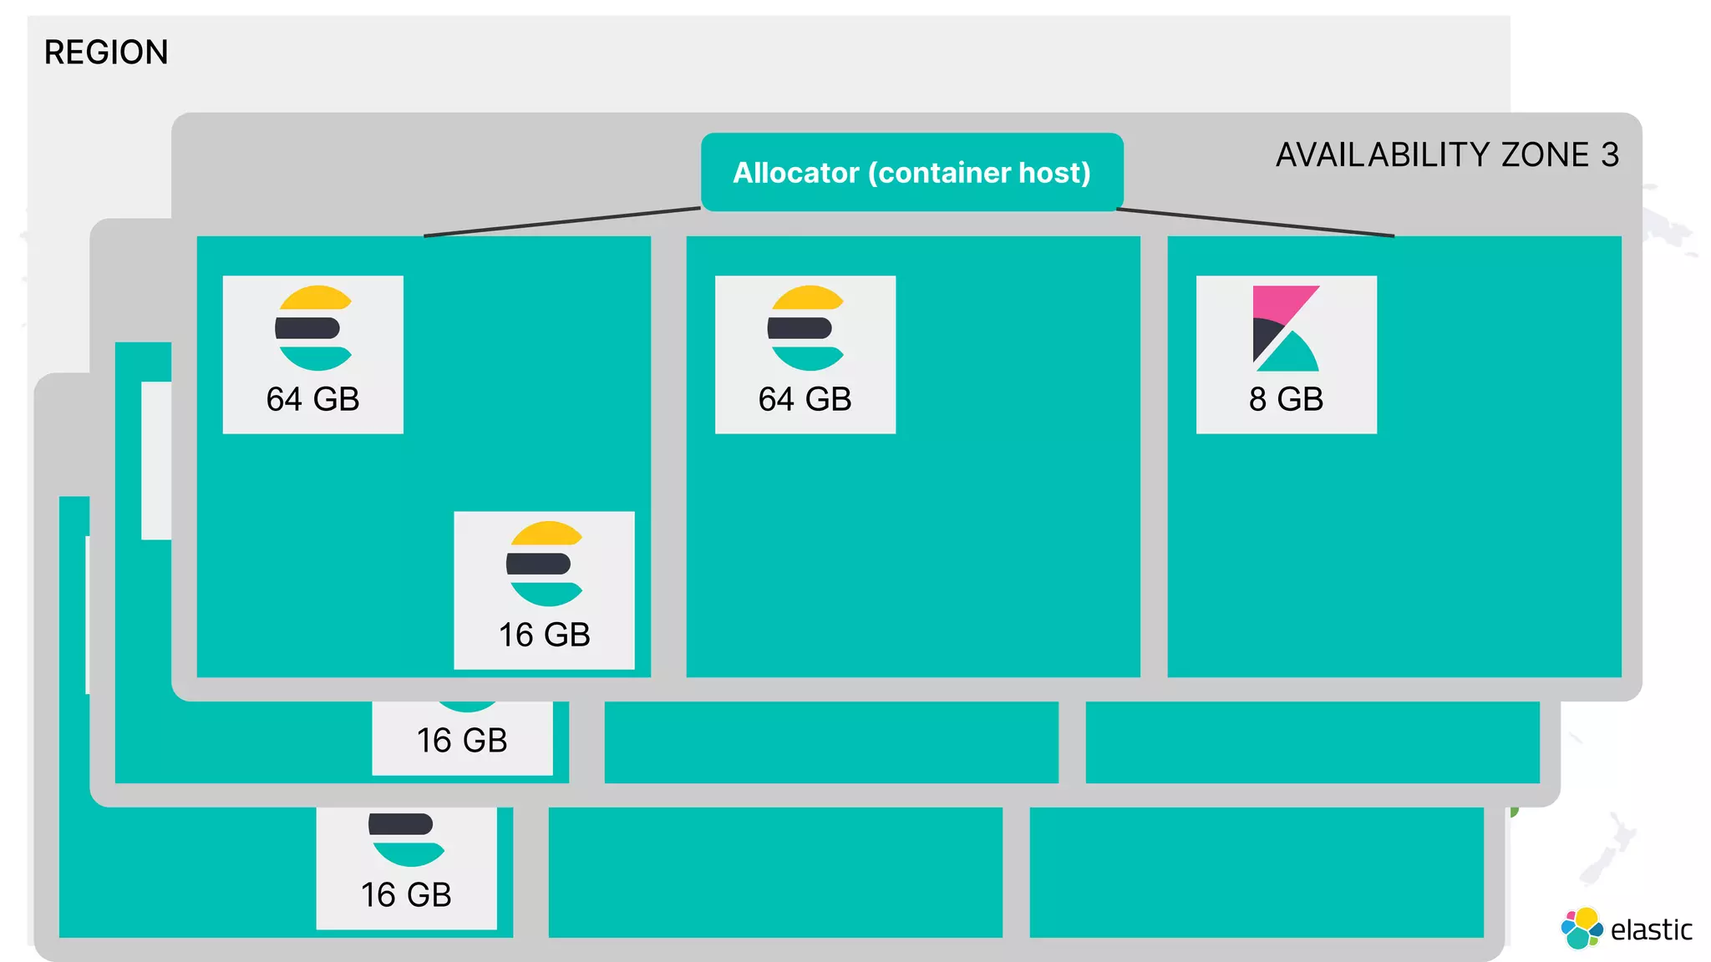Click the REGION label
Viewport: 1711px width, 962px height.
pos(106,53)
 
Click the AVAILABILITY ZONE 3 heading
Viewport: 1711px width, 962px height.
pos(1446,155)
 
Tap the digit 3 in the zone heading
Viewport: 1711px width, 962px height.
pos(1610,155)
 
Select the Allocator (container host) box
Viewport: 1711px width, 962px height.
pos(911,172)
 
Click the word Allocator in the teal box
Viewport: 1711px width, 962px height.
pos(795,173)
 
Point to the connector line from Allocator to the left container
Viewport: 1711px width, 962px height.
pos(561,222)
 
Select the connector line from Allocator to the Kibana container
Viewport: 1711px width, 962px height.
pos(1255,222)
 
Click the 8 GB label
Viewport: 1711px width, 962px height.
pos(1286,399)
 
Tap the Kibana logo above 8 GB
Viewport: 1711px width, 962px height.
pos(1286,329)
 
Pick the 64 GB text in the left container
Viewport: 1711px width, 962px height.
pos(312,399)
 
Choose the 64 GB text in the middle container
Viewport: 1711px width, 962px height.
pos(805,399)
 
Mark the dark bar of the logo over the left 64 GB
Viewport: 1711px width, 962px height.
pos(307,328)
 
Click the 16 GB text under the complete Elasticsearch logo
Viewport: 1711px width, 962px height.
pos(544,635)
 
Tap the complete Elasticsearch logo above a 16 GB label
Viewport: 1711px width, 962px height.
pos(545,565)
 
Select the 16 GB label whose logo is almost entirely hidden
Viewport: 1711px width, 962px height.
pos(462,741)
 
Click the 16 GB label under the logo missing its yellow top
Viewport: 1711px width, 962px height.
pos(406,895)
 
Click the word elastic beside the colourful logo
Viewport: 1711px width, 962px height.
pos(1651,929)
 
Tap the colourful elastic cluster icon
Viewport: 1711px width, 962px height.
pos(1582,929)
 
